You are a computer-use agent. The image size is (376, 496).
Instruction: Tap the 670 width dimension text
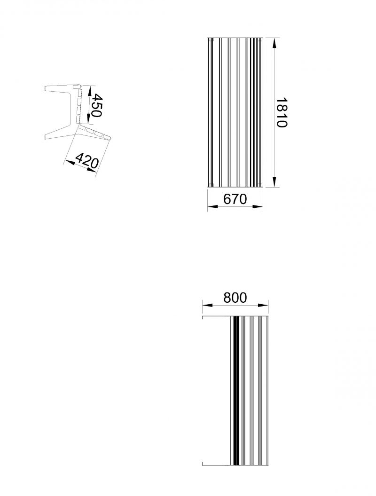click(235, 199)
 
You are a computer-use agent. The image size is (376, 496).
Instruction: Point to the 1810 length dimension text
click(282, 112)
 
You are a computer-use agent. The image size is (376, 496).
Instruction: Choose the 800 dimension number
click(235, 298)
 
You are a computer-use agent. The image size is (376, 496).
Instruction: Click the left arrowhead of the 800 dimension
click(207, 305)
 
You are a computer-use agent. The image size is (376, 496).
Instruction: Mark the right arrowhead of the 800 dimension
click(263, 305)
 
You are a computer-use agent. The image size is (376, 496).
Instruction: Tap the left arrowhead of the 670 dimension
click(212, 206)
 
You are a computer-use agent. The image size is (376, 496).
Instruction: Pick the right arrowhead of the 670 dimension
click(258, 206)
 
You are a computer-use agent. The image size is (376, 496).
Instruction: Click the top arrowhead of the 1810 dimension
click(274, 43)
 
